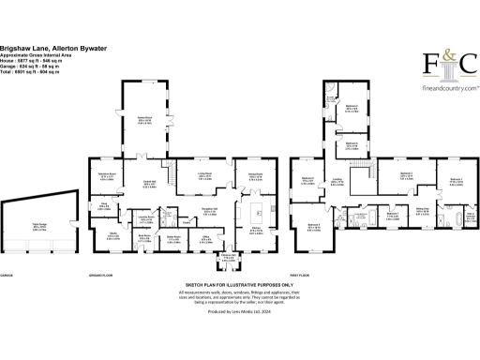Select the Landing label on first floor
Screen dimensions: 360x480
point(337,182)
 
